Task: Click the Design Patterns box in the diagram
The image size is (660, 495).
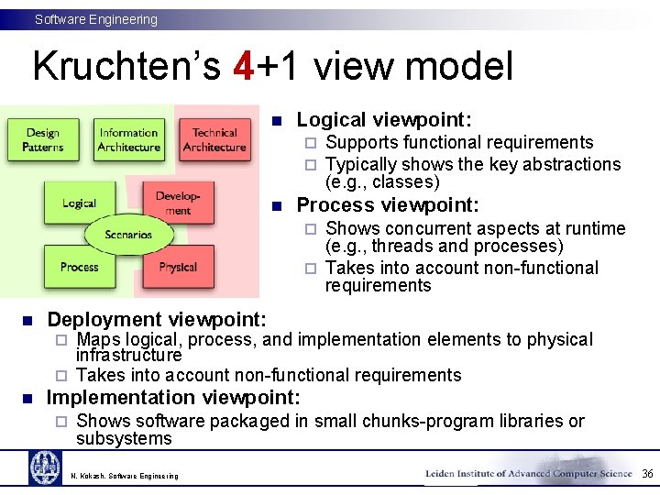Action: point(42,140)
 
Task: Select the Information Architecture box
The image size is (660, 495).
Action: point(128,140)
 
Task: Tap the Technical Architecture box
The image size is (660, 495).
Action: point(214,140)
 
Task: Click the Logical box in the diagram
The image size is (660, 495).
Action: point(79,203)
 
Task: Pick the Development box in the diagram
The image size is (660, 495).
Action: point(178,203)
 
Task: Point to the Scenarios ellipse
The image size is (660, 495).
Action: point(128,235)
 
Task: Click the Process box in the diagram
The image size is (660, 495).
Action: point(79,267)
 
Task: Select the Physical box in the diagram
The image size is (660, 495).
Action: point(178,267)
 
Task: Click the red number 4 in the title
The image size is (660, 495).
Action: point(243,66)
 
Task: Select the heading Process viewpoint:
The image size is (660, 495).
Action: point(388,204)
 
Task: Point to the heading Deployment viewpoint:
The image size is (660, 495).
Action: point(157,319)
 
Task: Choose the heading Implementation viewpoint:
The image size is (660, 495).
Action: point(173,397)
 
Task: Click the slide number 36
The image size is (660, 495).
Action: point(647,474)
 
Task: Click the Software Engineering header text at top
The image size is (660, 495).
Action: point(96,19)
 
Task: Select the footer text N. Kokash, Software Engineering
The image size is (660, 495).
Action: point(125,476)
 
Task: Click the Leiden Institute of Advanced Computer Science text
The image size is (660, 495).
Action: point(529,473)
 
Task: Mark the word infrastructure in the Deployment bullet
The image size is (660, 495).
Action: point(129,355)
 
